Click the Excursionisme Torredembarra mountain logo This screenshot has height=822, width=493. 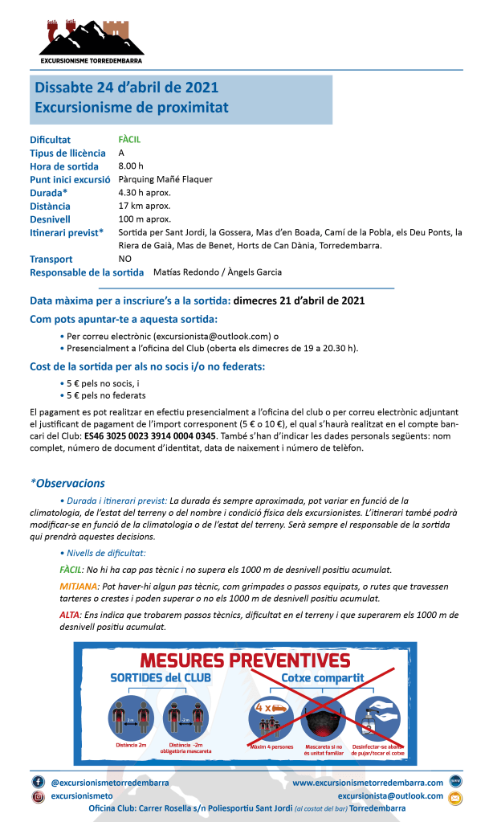point(91,40)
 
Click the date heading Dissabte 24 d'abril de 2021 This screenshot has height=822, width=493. point(126,88)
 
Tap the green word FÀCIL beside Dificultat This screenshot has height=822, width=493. point(129,140)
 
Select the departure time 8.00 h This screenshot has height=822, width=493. point(131,166)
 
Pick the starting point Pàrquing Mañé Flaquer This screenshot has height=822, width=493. point(165,179)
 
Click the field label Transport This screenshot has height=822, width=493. point(51,260)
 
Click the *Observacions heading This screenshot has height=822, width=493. point(67,483)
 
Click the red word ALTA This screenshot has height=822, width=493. point(71,615)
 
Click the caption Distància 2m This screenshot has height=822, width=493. point(130,746)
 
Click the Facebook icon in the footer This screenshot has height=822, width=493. point(38,782)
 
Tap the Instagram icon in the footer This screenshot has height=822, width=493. point(38,796)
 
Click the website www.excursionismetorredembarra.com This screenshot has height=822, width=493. point(368,782)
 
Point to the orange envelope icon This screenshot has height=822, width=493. point(455,797)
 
